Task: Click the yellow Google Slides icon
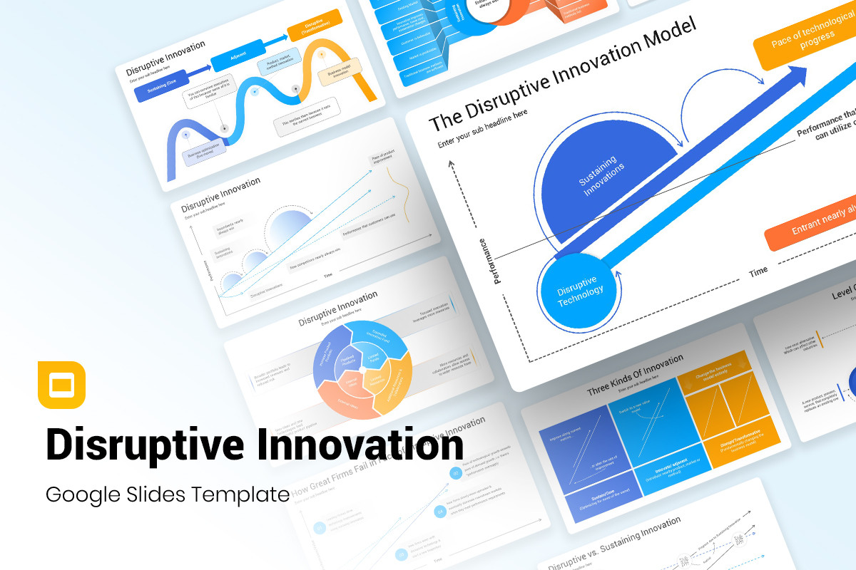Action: (61, 385)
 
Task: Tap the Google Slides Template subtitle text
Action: (167, 494)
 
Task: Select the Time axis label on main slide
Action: (758, 271)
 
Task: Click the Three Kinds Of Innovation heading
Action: (635, 373)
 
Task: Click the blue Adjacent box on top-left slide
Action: (239, 55)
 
